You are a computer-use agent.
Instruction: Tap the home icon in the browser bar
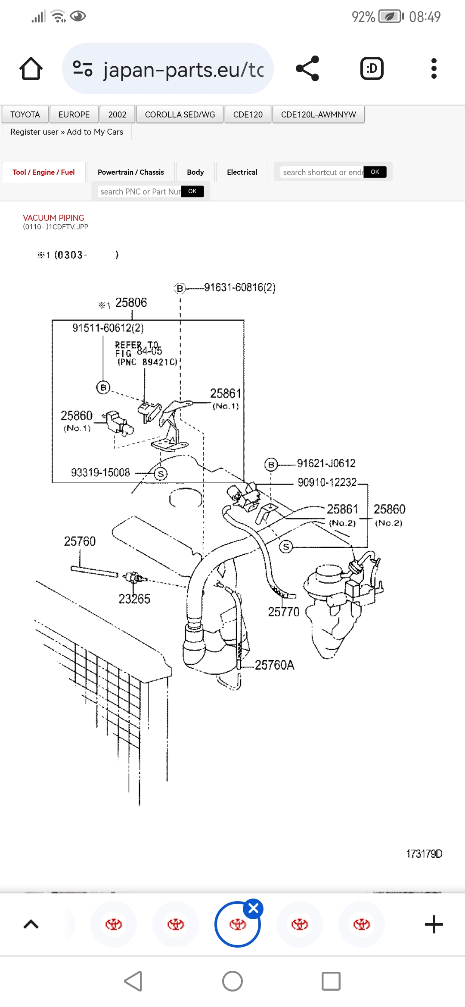point(31,69)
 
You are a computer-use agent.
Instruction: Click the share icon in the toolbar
point(307,68)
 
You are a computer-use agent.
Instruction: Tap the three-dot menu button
point(434,68)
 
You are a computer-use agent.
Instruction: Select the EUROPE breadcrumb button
point(74,114)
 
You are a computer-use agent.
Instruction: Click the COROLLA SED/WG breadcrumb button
point(180,114)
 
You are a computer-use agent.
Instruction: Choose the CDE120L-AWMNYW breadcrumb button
point(319,114)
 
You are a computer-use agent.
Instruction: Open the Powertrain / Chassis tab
point(130,172)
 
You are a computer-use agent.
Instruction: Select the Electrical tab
point(242,172)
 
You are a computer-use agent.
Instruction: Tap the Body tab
point(195,172)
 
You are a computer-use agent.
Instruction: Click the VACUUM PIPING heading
point(53,218)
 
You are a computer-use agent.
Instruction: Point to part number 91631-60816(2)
point(240,287)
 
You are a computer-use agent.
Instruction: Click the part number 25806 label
point(131,303)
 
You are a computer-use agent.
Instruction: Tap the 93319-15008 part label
point(100,473)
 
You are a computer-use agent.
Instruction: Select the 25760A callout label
point(275,665)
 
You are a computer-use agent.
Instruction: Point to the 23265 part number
point(134,599)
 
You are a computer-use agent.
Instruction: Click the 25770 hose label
point(283,612)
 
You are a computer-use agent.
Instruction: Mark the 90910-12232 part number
point(327,482)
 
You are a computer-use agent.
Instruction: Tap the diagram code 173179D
point(424,854)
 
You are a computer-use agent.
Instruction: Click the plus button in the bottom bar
point(434,924)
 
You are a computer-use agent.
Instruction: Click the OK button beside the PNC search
point(192,191)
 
